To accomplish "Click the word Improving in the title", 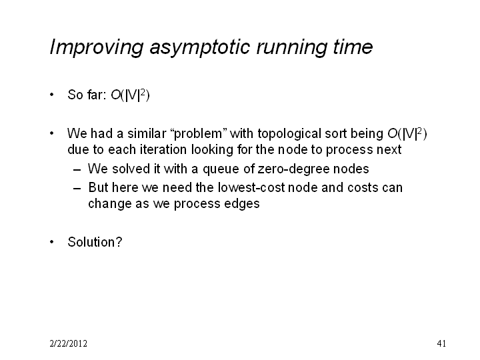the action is [97, 47].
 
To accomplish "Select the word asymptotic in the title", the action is [200, 47].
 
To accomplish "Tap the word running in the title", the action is [291, 47].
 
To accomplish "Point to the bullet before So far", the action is [52, 95].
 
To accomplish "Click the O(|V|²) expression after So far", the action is [130, 95].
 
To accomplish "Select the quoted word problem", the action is [198, 134].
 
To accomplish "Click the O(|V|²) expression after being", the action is [407, 134].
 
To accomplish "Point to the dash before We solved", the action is [77, 169].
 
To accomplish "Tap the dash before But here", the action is [77, 188].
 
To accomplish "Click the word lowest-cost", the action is [251, 187].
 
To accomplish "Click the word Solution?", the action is [95, 242].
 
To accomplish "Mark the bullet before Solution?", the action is [52, 242].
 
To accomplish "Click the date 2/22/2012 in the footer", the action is [68, 344].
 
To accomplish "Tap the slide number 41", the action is [441, 344].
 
